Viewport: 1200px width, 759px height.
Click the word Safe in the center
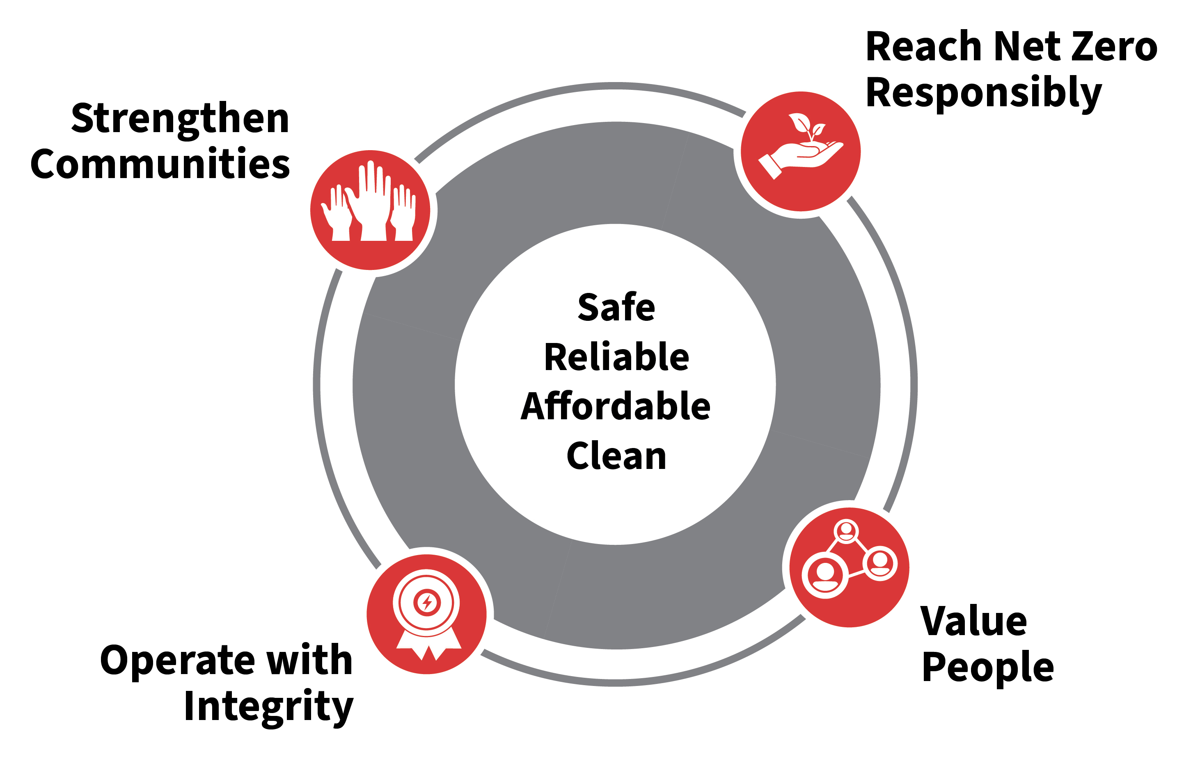tap(616, 307)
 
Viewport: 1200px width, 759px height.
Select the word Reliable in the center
tap(616, 357)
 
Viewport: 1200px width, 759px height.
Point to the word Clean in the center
tap(616, 456)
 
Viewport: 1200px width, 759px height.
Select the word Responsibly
tap(984, 93)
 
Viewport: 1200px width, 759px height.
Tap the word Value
tap(973, 621)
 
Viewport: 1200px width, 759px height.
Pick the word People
tap(988, 668)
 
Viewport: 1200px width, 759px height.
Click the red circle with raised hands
tap(370, 210)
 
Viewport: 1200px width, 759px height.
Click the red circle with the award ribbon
tap(426, 614)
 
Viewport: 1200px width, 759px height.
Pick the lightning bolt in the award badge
tap(426, 603)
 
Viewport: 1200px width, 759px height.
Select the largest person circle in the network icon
tap(825, 575)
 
